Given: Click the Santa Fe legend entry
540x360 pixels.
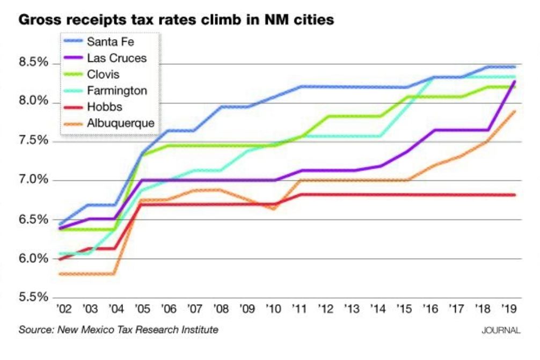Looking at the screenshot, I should pos(110,42).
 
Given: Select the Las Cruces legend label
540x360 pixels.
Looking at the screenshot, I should pos(116,58).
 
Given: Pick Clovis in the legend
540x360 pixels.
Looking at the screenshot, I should pos(103,74).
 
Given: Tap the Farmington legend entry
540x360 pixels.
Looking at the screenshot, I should pos(116,91).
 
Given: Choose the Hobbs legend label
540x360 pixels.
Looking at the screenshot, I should pos(104,107).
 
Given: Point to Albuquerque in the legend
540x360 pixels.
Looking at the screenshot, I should pos(120,123).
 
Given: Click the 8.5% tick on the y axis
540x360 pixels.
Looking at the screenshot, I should pos(34,63).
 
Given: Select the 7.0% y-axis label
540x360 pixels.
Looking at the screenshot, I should pos(34,180).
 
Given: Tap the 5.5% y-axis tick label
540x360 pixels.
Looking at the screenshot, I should pos(34,297).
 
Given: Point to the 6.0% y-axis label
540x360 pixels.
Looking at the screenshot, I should pos(34,258).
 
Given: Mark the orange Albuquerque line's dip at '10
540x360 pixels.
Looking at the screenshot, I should pos(273,208).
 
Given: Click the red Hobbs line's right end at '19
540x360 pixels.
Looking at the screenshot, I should pos(514,195).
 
